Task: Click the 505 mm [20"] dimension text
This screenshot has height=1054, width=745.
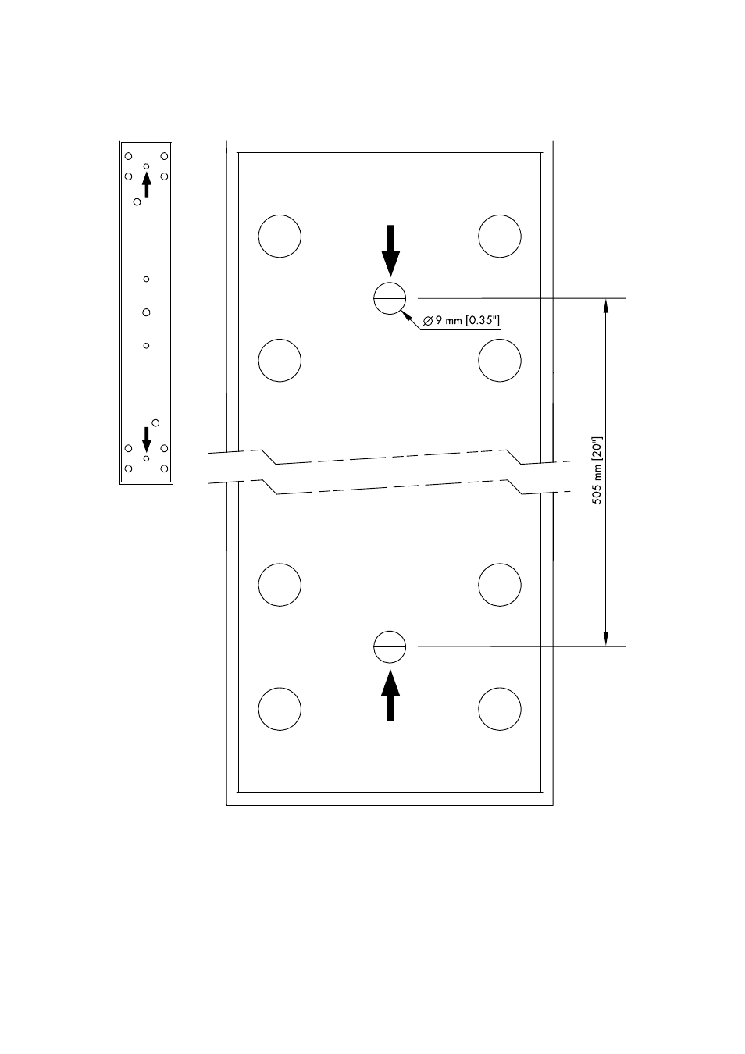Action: pos(597,471)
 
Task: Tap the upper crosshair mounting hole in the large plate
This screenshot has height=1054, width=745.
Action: pos(390,298)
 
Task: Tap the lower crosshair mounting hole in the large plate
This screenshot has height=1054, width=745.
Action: pos(390,646)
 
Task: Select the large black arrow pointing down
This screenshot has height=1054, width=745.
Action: pos(390,251)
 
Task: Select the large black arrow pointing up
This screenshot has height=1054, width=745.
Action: pos(390,696)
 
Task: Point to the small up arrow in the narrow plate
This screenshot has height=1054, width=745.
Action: pos(147,184)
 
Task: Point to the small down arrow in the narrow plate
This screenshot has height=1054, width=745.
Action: pos(146,440)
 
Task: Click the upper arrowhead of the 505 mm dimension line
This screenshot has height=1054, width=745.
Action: pos(606,306)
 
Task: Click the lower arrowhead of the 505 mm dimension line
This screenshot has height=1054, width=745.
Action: pos(606,639)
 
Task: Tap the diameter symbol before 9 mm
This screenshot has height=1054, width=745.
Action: pos(428,322)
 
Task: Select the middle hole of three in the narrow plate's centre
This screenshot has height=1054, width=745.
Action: pos(146,312)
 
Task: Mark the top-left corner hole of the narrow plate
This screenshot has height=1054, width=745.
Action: pos(129,156)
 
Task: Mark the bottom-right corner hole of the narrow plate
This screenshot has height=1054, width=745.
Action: pos(164,468)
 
